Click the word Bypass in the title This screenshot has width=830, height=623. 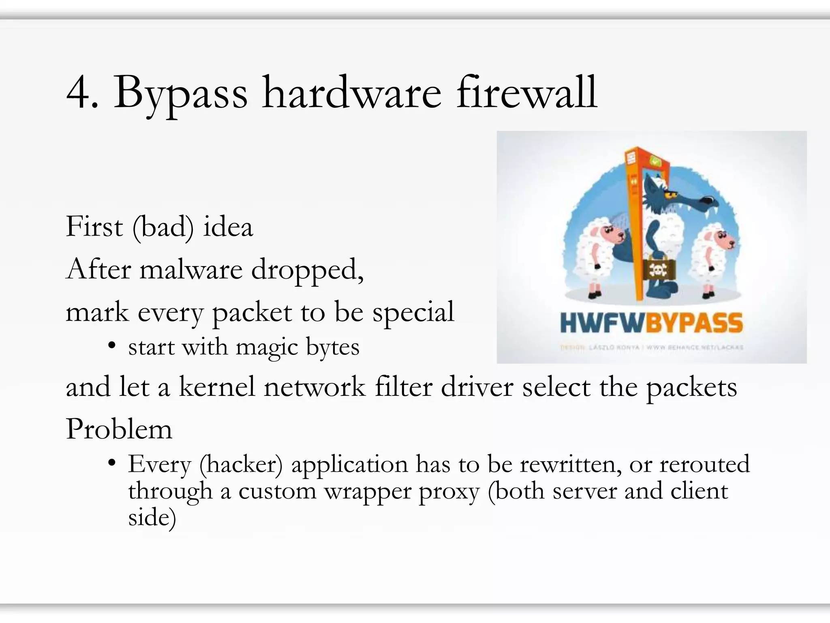[180, 94]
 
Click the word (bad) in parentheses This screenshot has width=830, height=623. [163, 227]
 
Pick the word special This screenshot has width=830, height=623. [413, 312]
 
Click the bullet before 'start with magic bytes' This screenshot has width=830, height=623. [112, 346]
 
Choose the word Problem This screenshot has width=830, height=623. [119, 429]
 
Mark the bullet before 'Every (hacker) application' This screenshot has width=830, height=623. [112, 463]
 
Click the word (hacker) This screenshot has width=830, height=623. [241, 464]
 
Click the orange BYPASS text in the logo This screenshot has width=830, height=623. [694, 323]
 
